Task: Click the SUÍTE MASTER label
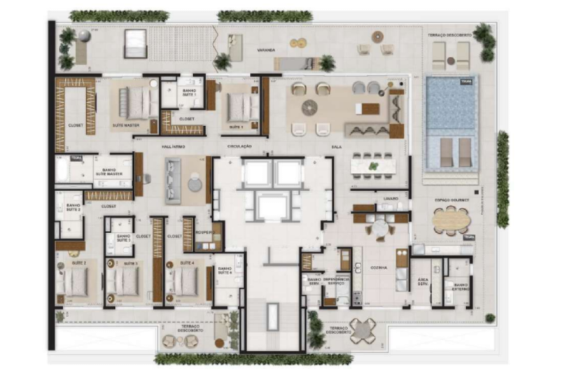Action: (x=126, y=126)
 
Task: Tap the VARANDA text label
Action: (x=265, y=50)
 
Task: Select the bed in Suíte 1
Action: (x=242, y=106)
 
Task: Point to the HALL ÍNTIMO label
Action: (x=171, y=146)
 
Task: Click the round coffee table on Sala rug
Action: (x=309, y=107)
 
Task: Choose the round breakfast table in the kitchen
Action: (x=379, y=227)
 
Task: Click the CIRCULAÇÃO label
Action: (x=239, y=146)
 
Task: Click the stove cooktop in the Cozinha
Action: (x=356, y=298)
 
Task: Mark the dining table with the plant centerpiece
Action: (x=373, y=166)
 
